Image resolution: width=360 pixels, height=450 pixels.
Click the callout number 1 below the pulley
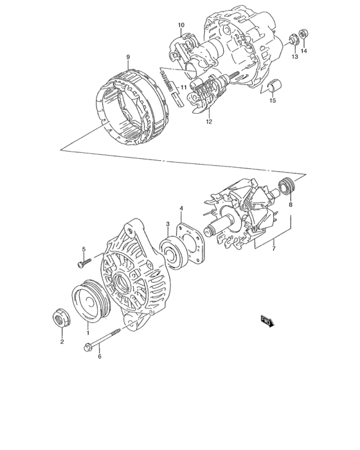[x=87, y=334]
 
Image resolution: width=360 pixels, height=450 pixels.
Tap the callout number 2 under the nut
[x=62, y=341]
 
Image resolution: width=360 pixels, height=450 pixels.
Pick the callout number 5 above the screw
[x=83, y=249]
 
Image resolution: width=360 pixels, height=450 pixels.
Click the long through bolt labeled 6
[x=103, y=339]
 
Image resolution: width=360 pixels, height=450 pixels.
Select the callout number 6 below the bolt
[x=99, y=357]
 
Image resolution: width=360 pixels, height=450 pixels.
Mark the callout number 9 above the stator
[x=128, y=57]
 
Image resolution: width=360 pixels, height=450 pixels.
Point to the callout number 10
[x=181, y=26]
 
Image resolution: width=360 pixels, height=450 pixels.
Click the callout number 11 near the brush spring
[x=183, y=87]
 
